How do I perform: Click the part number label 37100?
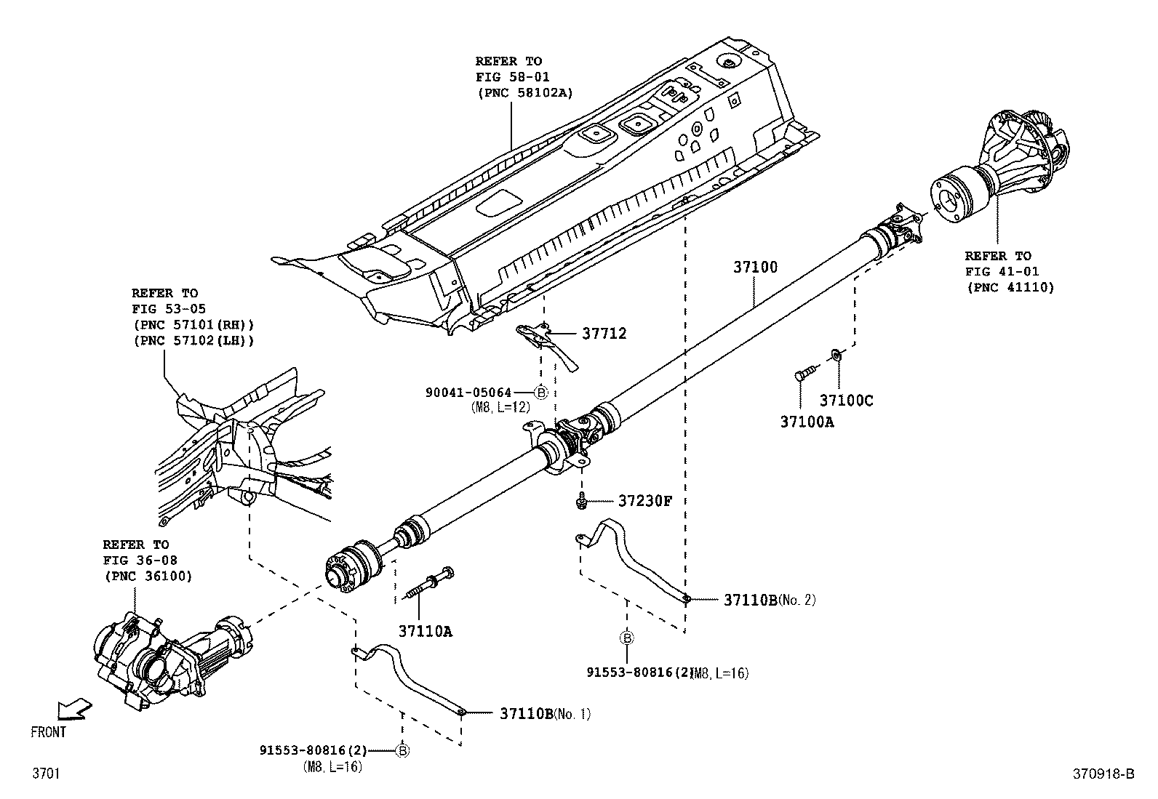click(755, 268)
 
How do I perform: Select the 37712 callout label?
click(604, 334)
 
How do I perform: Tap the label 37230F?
click(645, 501)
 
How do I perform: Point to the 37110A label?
click(425, 631)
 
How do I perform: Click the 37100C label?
click(846, 400)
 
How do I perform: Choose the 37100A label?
click(807, 421)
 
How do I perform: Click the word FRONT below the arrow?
click(48, 732)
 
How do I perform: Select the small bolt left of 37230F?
click(581, 502)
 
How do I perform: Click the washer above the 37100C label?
click(836, 355)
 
